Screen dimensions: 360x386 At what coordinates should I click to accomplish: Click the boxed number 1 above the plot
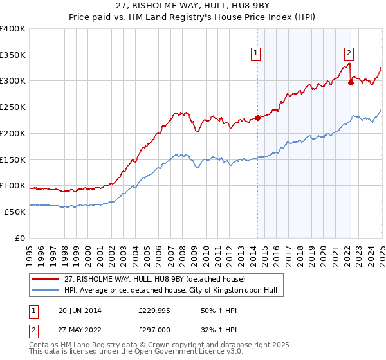pos(256,53)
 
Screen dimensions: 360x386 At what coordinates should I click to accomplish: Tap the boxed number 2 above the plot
pos(349,53)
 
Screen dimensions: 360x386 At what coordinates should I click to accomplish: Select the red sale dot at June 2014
pos(257,117)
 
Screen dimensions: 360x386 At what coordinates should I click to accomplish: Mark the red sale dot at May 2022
pos(351,82)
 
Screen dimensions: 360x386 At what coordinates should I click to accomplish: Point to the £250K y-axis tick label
pos(12,107)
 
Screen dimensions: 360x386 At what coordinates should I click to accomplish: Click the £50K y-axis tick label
pos(15,212)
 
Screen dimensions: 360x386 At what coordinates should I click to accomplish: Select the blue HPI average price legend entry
pos(170,291)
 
